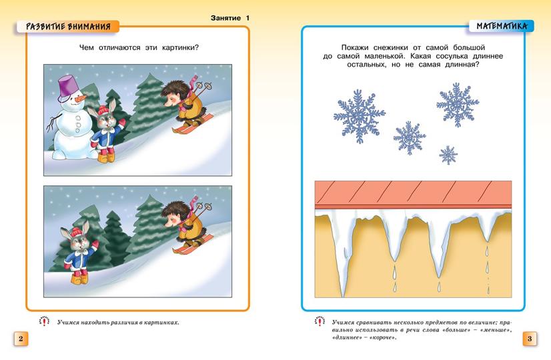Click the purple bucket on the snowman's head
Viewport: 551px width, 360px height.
click(68, 85)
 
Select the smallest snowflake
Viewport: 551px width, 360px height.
click(448, 155)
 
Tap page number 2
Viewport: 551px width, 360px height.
click(20, 339)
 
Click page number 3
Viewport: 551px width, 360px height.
click(529, 339)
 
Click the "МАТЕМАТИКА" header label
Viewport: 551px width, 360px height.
click(501, 27)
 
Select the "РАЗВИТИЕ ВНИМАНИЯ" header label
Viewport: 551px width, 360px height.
click(67, 27)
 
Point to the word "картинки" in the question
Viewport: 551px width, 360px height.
click(180, 47)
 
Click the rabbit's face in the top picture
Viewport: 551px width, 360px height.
click(105, 119)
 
